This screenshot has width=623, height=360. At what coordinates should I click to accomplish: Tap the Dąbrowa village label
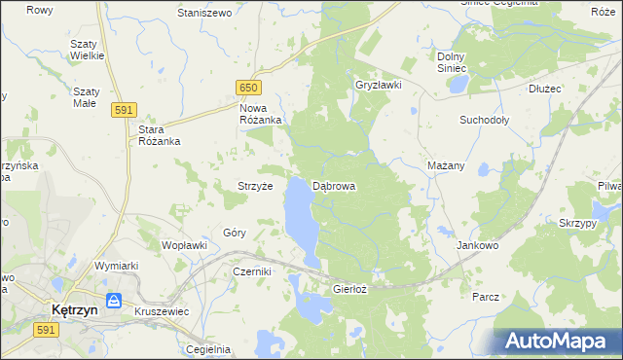pos(334,185)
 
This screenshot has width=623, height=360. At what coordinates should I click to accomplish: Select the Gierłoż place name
pos(350,289)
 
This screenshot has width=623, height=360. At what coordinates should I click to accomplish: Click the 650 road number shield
pos(247,87)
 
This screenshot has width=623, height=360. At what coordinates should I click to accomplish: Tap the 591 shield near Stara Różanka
pos(123,110)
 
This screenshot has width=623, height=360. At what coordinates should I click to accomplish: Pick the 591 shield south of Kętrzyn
pos(45,332)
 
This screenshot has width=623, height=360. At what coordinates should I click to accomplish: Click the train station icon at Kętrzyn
pos(114,301)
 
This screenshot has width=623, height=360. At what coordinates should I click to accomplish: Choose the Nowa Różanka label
pos(261,113)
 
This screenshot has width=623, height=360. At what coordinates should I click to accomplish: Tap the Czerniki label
pos(251,272)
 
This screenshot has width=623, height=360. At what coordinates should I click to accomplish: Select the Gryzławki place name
pos(379,85)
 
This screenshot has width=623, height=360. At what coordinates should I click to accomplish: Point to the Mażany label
pos(446,165)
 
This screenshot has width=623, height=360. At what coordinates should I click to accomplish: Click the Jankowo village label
pos(477,246)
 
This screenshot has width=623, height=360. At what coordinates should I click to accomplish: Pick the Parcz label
pos(486,296)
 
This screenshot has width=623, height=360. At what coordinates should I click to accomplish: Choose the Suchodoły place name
pos(484,121)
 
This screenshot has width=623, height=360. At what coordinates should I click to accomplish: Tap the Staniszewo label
pos(203,14)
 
